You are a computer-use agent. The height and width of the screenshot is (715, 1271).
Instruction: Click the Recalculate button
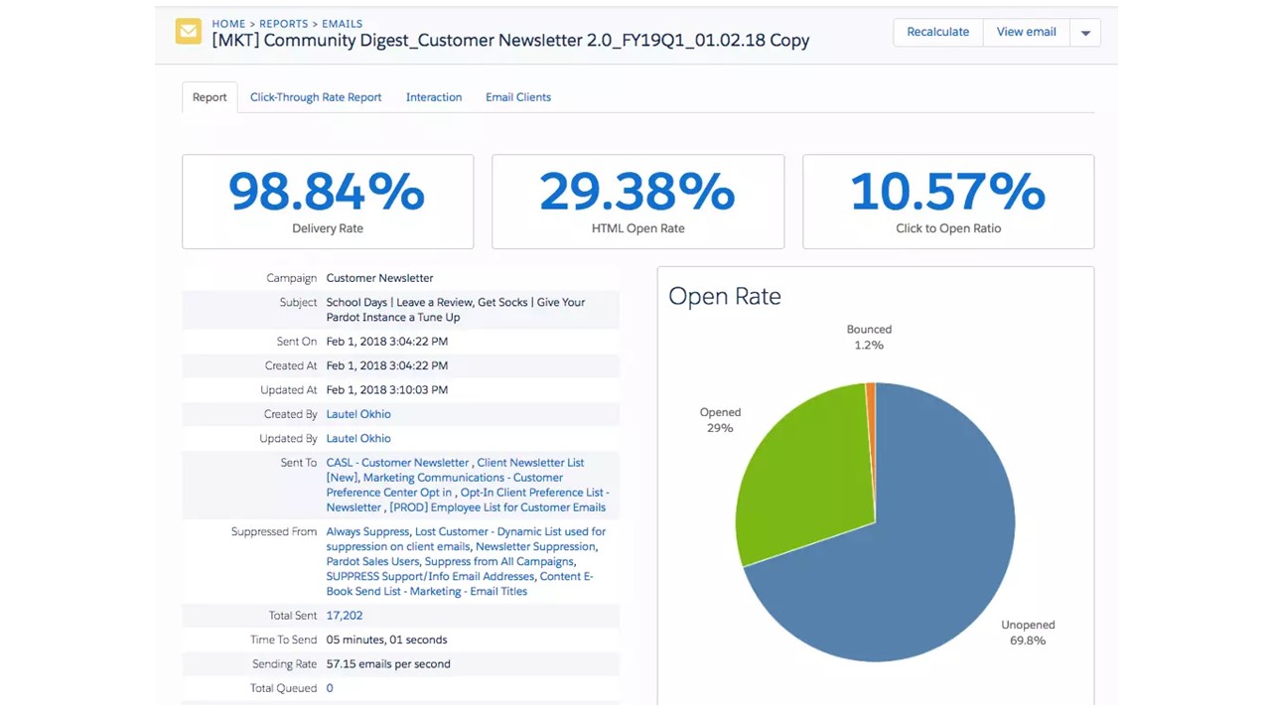937,32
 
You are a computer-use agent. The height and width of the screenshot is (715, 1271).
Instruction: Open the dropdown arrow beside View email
1085,33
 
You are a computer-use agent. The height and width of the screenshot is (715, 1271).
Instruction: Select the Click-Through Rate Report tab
316,97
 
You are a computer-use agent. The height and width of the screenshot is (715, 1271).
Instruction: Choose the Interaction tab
434,97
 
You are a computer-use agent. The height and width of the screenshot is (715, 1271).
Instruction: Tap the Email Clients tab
518,97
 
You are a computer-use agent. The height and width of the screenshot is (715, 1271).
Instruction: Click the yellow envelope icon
188,32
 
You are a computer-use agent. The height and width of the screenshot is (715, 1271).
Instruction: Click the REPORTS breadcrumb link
283,24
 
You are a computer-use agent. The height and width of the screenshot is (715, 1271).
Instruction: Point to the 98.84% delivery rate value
327,192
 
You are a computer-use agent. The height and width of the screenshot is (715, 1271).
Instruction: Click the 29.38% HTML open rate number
637,192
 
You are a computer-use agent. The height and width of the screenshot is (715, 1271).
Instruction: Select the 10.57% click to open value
948,192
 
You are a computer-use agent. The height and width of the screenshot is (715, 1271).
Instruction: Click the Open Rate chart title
725,296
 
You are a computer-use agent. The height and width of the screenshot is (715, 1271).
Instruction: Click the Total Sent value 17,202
345,616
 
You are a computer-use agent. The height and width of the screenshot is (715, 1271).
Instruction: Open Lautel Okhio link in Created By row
358,414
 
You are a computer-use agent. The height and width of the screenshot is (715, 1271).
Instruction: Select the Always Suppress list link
367,531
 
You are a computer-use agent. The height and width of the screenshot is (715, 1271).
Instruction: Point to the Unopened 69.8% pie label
1028,633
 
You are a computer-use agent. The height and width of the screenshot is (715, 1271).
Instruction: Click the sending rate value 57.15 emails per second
388,664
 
